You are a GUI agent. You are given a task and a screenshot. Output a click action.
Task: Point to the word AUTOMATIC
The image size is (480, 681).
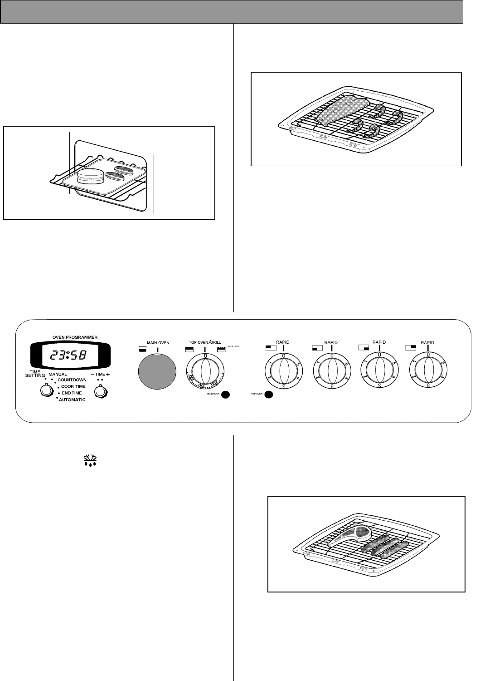[72, 400]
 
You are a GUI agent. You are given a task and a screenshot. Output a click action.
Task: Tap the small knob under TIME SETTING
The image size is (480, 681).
[45, 390]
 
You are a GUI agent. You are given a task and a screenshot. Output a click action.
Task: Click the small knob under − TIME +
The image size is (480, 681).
[100, 390]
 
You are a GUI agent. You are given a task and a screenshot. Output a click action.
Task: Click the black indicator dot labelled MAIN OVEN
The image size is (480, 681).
[226, 395]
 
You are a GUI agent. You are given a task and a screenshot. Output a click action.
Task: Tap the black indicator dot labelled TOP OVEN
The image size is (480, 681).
[268, 395]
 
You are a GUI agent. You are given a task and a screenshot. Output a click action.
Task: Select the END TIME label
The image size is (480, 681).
[72, 393]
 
